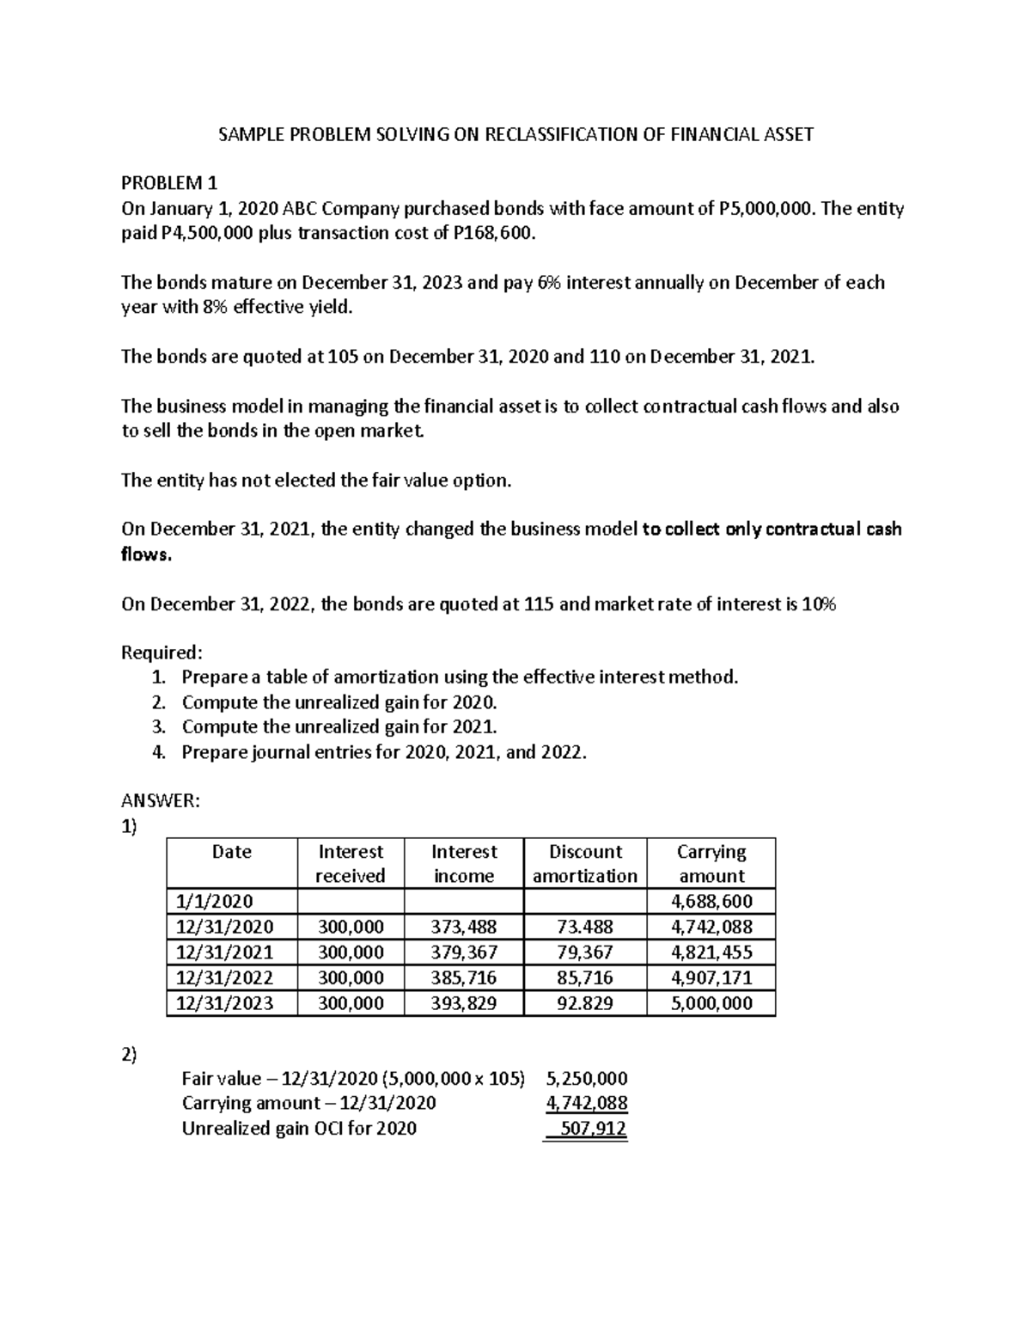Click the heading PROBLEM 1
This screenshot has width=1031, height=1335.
[x=169, y=183]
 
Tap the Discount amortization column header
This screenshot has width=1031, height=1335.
[x=584, y=863]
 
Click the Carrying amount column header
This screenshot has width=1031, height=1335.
[x=711, y=863]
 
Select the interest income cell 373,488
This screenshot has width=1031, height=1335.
[x=464, y=927]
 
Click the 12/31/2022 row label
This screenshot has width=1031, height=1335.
[x=224, y=977]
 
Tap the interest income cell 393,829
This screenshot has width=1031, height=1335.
[x=464, y=1003]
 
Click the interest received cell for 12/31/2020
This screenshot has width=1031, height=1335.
[x=351, y=927]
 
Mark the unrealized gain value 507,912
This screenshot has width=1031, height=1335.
[x=592, y=1128]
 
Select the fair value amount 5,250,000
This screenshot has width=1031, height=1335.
[x=587, y=1078]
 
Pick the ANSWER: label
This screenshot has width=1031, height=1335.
[x=160, y=800]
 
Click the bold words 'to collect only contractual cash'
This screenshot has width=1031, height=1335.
[x=772, y=529]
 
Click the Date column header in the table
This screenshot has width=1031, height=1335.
[x=231, y=852]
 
